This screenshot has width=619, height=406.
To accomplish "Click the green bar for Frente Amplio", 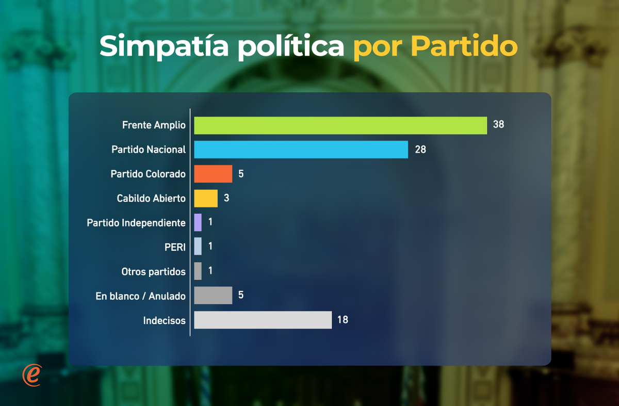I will (x=340, y=125).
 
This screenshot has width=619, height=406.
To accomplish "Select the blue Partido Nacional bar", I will (x=301, y=150).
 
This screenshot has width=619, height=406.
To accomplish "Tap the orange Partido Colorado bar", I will (x=213, y=174).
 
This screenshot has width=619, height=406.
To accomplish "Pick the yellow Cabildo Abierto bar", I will (x=206, y=198).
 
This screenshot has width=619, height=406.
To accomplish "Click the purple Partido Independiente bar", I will (x=198, y=222).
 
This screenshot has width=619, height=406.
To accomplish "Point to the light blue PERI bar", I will (x=198, y=247).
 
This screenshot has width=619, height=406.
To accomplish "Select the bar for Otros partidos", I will (x=198, y=271).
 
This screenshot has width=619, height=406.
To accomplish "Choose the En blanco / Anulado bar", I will (x=213, y=296).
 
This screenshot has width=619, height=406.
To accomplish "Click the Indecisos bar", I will (x=263, y=320).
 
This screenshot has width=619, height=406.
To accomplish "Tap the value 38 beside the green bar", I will (x=498, y=124).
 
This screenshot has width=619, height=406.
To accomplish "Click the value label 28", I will (x=420, y=150).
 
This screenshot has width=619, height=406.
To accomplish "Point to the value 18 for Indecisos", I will (x=343, y=320).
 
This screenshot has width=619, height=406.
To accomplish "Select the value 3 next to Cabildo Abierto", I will (x=226, y=198).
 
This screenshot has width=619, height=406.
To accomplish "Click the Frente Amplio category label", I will (x=154, y=125).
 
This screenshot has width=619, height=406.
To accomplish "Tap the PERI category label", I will (x=175, y=247).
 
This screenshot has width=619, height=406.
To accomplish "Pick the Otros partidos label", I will (x=153, y=271).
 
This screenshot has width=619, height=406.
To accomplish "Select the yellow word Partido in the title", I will (x=464, y=46).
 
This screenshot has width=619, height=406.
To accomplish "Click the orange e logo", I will (x=31, y=375).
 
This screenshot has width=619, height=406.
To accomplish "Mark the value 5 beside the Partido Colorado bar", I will (x=241, y=174).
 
